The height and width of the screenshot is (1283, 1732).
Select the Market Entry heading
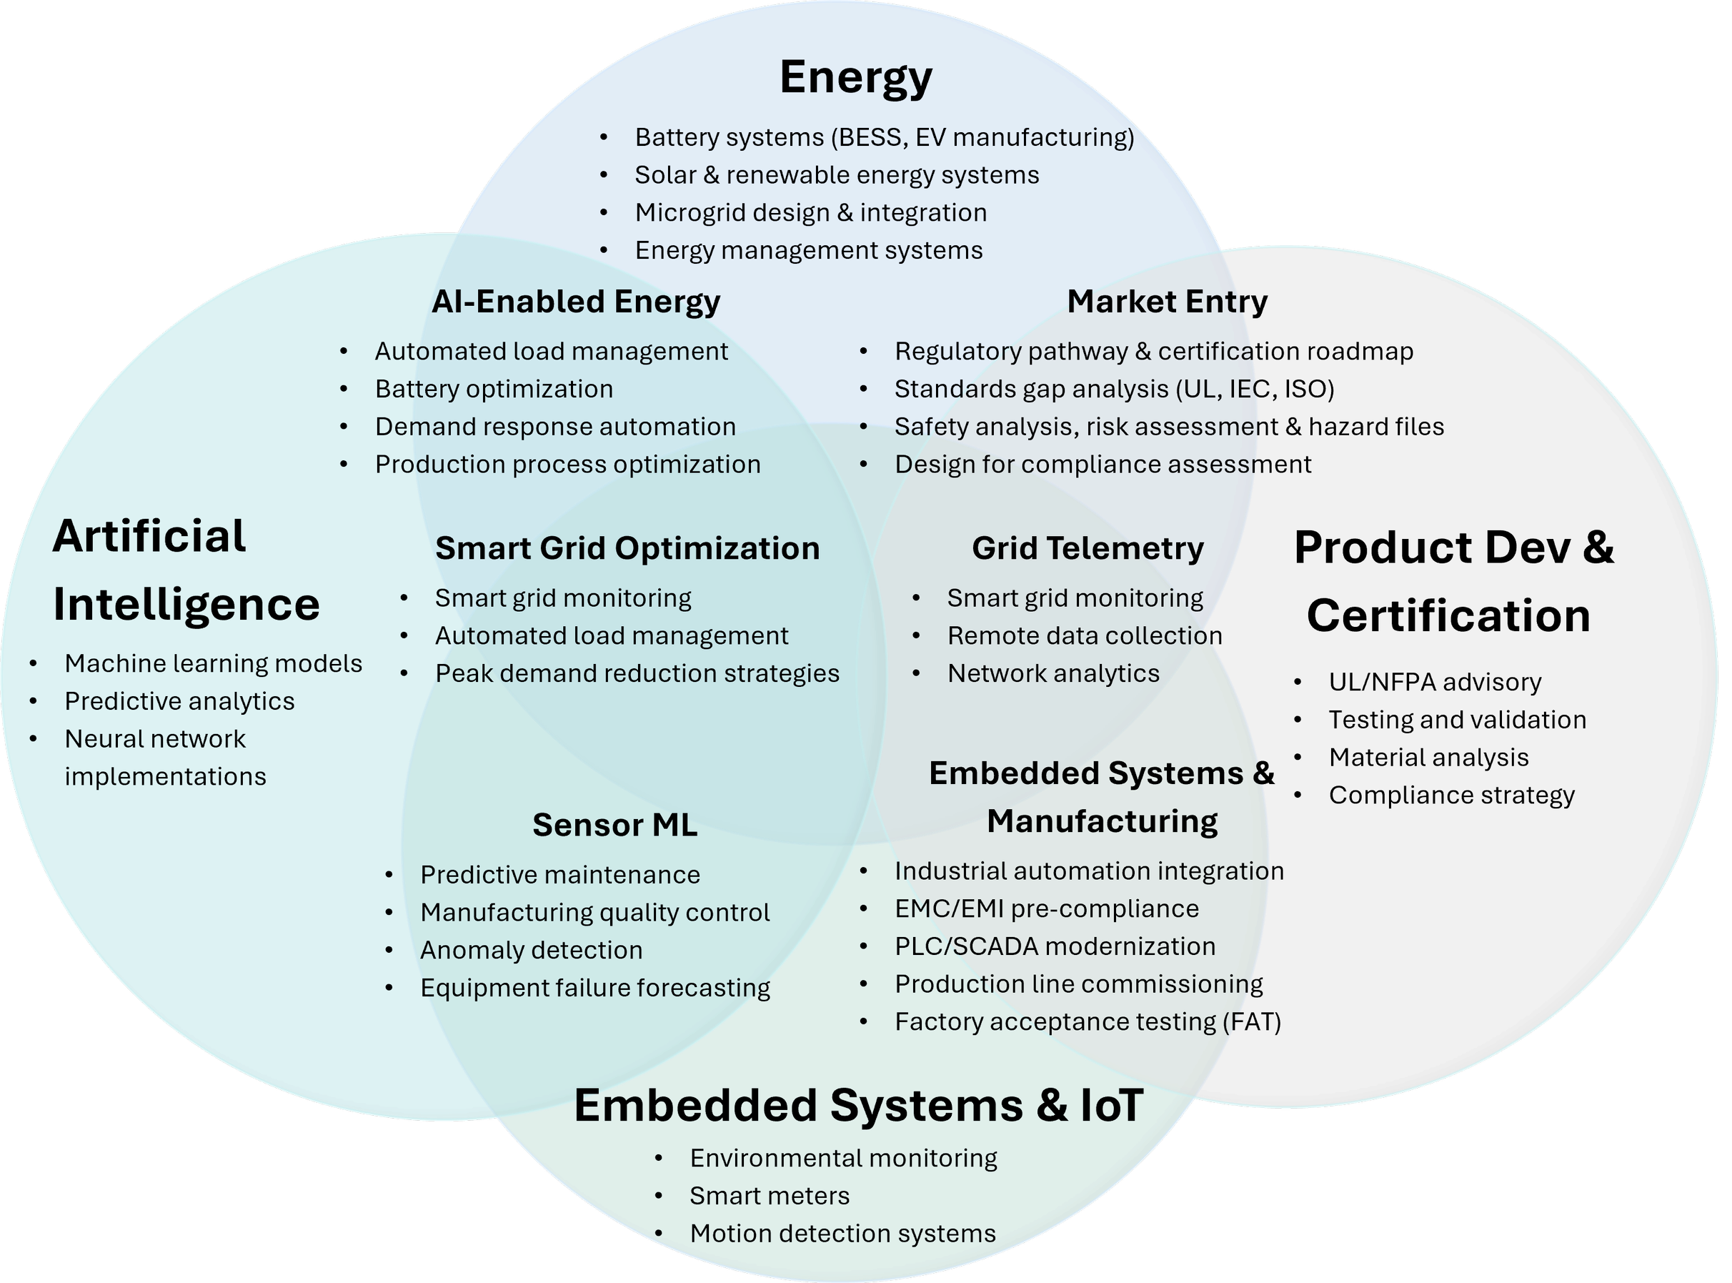1167,302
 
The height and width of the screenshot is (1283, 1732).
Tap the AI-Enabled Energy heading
576,302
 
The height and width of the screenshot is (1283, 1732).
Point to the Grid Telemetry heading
1088,548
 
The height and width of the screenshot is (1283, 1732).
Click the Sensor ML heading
615,825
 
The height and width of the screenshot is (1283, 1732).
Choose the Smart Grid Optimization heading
627,548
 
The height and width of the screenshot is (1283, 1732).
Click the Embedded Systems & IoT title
858,1105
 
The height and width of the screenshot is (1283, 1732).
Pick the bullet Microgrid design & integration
810,212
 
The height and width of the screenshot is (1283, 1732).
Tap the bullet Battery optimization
494,388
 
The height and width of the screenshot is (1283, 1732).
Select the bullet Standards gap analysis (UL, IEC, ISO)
1114,388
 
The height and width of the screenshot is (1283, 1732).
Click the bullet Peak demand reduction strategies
637,673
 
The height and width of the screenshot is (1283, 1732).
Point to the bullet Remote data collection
1085,635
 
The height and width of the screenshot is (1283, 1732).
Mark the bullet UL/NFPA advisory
1435,682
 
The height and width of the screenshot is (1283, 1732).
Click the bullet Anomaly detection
531,950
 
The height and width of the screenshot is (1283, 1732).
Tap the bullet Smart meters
770,1195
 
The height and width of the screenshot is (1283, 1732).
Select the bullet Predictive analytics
179,701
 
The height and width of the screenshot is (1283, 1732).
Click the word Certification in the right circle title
1448,615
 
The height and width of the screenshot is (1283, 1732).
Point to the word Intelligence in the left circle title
186,604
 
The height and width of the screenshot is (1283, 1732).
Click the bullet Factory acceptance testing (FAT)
1088,1021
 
